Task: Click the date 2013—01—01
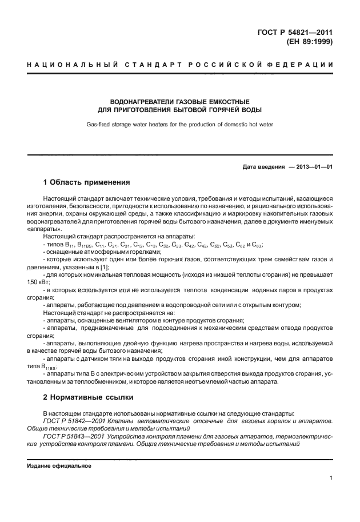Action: (x=313, y=167)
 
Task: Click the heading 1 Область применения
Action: (x=87, y=183)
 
